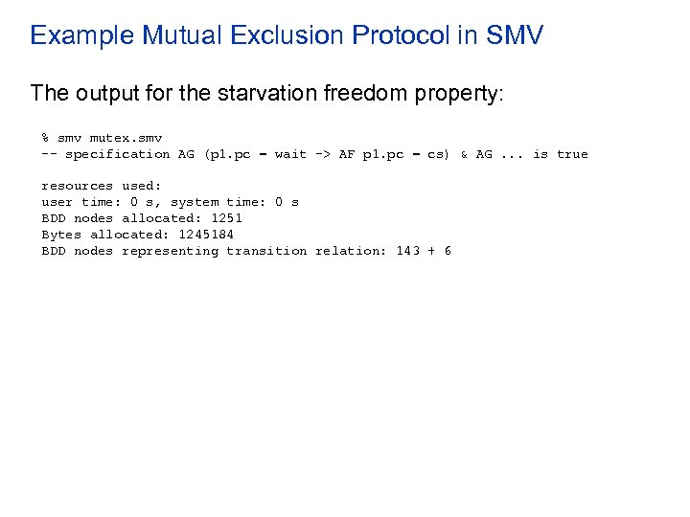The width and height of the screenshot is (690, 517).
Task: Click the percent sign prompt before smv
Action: coord(45,138)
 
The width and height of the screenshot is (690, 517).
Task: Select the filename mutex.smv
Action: coord(126,138)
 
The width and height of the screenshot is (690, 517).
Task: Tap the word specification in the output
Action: coord(117,154)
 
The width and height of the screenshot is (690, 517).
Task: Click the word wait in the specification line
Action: coord(290,154)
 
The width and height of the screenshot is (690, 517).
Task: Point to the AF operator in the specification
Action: coord(346,154)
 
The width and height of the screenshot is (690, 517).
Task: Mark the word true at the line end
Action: coord(572,154)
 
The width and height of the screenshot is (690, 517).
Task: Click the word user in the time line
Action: coord(57,202)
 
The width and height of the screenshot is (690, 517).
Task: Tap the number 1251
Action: coord(226,218)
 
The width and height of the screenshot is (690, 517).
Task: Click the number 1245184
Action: coord(206,235)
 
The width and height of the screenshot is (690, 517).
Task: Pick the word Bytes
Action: coord(60,235)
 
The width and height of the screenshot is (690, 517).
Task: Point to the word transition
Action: coord(266,251)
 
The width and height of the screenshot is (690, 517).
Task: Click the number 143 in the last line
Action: coord(407,251)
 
